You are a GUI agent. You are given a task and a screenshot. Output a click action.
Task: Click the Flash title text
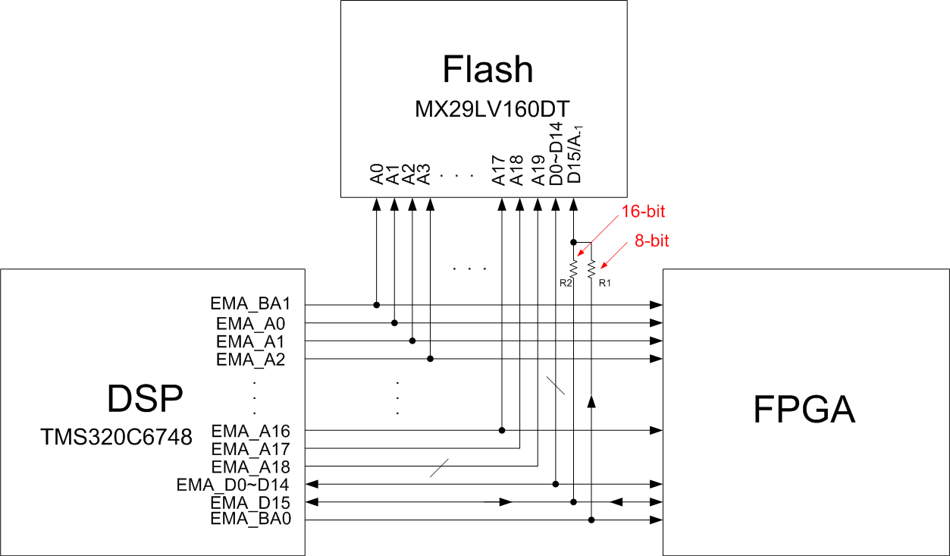tap(488, 69)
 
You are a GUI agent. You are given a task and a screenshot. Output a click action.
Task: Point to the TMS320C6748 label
tap(116, 438)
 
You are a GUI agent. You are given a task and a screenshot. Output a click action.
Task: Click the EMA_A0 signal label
tap(250, 323)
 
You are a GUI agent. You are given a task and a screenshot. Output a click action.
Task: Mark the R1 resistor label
tap(604, 284)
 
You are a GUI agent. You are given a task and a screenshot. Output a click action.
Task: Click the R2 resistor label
tap(565, 284)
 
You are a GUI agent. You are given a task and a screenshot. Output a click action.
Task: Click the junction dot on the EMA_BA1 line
tap(377, 305)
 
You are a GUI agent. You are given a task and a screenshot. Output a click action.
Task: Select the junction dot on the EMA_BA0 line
tap(591, 520)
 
